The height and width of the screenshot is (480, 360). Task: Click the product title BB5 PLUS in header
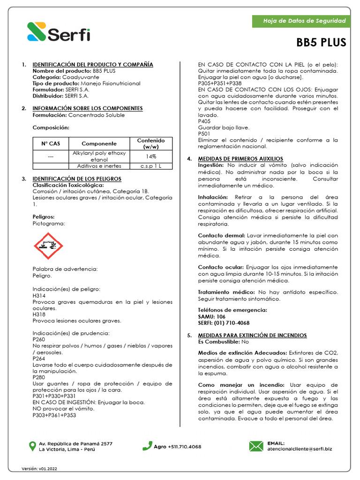pos(321,43)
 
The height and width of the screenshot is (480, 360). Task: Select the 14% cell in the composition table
pos(150,156)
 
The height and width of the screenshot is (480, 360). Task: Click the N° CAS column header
pos(51,143)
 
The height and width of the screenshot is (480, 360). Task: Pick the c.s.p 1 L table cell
pos(150,166)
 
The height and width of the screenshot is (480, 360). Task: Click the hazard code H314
pos(39,296)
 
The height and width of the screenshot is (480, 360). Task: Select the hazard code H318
pos(39,315)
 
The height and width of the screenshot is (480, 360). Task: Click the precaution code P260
pos(39,339)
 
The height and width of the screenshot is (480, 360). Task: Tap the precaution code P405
pos(204,121)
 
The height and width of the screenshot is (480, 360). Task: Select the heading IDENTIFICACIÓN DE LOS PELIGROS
pos(77,179)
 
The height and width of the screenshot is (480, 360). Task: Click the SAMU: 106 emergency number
pos(211,317)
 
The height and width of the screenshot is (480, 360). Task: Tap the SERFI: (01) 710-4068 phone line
pos(224,323)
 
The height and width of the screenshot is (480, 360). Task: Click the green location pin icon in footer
pos(32,446)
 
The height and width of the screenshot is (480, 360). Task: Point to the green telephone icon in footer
pos(147,446)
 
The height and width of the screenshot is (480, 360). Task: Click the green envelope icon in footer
pos(256,446)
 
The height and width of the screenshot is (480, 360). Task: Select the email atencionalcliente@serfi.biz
pos(300,449)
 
